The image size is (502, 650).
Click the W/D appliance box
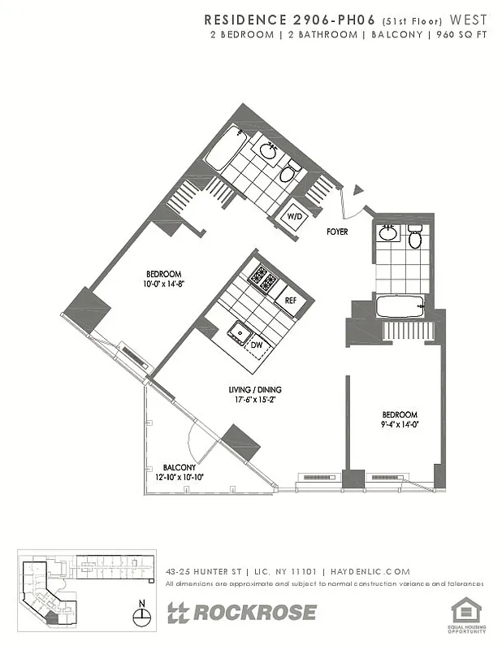coord(293,217)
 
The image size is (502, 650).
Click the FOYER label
coord(337,232)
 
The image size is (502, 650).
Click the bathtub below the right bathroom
coord(400,307)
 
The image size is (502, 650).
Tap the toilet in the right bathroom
coord(415,238)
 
